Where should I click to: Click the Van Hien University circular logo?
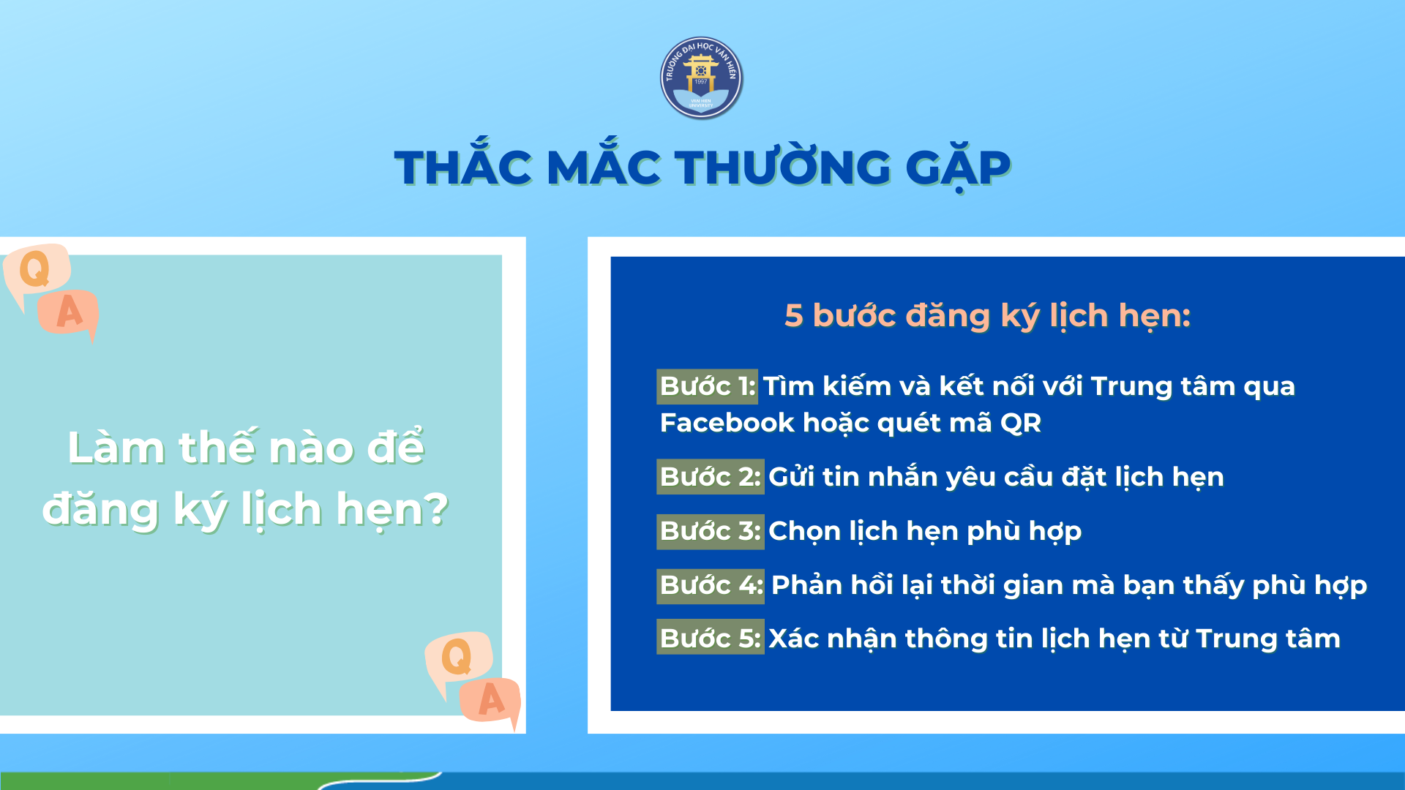click(701, 78)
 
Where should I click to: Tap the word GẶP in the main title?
click(958, 167)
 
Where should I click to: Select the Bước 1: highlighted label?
click(707, 386)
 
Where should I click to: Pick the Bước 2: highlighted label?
click(710, 477)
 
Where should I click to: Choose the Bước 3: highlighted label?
click(710, 531)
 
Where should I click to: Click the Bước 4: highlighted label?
click(710, 585)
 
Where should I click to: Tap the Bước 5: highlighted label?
click(710, 639)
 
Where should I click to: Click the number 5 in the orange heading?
click(794, 316)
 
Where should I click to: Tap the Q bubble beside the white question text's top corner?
click(36, 269)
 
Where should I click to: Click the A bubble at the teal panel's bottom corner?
click(491, 700)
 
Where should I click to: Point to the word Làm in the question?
click(116, 448)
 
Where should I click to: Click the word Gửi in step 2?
click(791, 477)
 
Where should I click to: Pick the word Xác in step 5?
click(793, 639)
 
